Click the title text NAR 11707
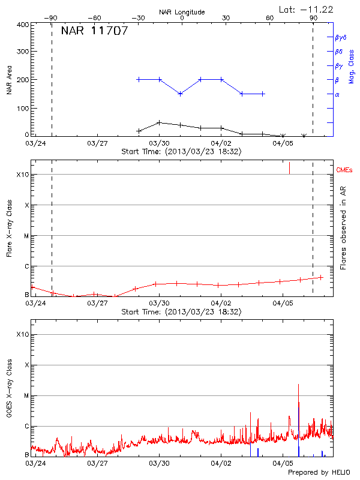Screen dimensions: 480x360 [x=94, y=31]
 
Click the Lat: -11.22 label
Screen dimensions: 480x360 [x=307, y=9]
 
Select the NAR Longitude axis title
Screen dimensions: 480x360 [x=182, y=11]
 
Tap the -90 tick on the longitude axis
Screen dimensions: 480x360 [x=52, y=18]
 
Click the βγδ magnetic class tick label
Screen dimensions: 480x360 [x=341, y=37]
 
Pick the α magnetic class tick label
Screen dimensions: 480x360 [x=337, y=94]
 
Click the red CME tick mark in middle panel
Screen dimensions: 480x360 [x=289, y=167]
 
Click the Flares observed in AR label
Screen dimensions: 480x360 [x=343, y=228]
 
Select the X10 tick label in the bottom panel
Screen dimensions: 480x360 [x=22, y=334]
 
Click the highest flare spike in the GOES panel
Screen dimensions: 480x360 [x=298, y=385]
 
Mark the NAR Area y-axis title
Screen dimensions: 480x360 [x=9, y=79]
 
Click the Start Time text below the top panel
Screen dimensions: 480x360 [x=181, y=152]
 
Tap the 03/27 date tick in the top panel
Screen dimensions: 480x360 [x=97, y=143]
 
